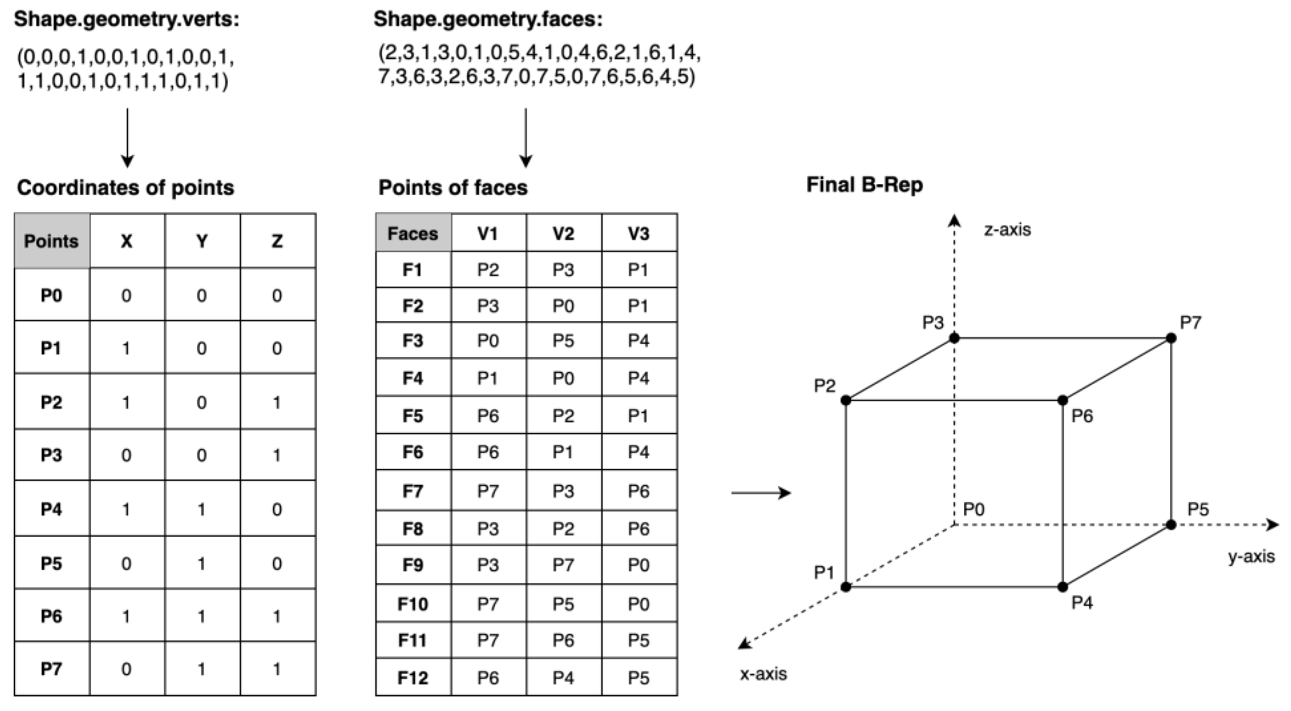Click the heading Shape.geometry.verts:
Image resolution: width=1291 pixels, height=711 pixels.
pos(126,20)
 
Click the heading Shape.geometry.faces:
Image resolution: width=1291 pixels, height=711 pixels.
pos(488,20)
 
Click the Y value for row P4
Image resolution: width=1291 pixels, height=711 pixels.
pos(202,510)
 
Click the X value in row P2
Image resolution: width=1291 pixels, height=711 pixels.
pos(126,402)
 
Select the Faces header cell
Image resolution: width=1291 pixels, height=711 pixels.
pos(413,233)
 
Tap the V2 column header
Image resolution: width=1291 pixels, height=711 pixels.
pos(563,233)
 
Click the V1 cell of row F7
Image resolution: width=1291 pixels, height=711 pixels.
pos(488,491)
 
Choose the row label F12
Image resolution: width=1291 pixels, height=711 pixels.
pos(413,678)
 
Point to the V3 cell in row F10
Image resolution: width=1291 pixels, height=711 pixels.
pos(639,604)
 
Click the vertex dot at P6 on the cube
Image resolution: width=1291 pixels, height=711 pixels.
pos(1062,400)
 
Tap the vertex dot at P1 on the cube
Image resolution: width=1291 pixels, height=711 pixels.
pos(846,587)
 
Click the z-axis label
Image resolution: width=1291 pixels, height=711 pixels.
pos(1008,230)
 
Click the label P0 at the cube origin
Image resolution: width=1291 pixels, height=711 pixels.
pos(974,510)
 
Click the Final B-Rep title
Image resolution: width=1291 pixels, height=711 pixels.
pos(865,185)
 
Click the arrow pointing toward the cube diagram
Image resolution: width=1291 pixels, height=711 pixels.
pos(761,493)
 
